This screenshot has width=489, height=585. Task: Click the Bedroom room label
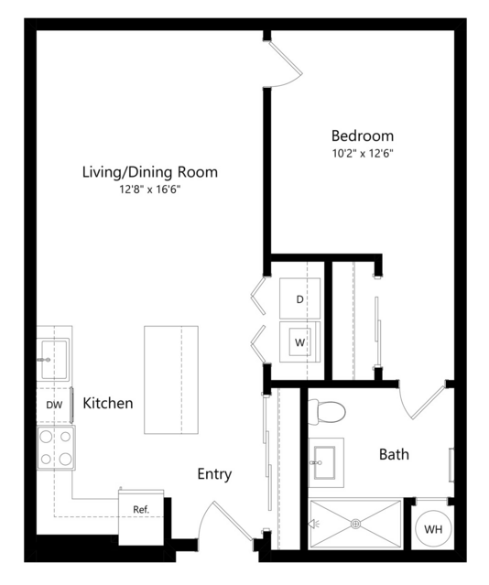tap(363, 135)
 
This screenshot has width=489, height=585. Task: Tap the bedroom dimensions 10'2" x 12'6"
tap(363, 153)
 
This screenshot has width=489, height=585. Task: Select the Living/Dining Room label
tap(149, 172)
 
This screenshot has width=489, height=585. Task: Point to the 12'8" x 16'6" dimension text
tap(149, 190)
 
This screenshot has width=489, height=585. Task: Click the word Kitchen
tap(107, 404)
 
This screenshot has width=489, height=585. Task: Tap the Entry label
tap(214, 474)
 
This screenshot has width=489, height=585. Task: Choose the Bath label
tap(394, 454)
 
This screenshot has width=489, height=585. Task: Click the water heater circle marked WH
tap(433, 528)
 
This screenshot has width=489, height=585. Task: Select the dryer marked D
tap(299, 298)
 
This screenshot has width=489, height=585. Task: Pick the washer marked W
tap(299, 341)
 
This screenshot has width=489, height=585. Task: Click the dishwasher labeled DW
tap(55, 405)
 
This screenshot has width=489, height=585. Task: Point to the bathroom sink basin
tap(324, 462)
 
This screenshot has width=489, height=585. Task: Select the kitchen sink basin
tap(54, 359)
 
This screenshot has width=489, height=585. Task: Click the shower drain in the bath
tap(355, 525)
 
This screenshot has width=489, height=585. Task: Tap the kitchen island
tap(171, 380)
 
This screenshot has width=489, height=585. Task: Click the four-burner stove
tap(56, 448)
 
